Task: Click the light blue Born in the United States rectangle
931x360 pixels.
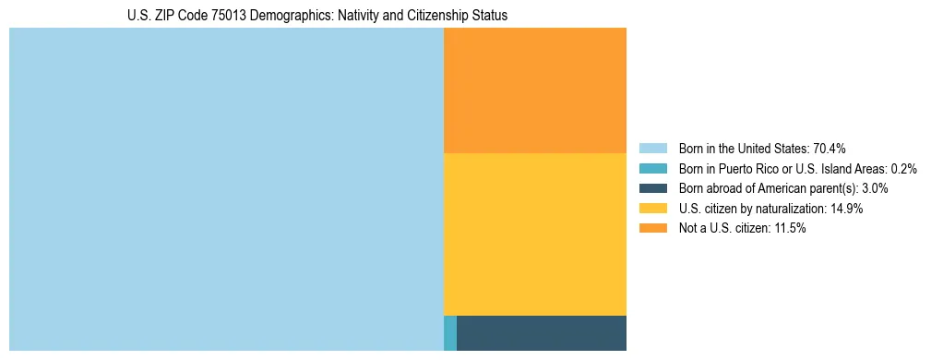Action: pyautogui.click(x=226, y=189)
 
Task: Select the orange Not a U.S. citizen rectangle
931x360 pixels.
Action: pyautogui.click(x=535, y=90)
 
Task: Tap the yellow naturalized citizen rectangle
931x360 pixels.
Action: pyautogui.click(x=535, y=234)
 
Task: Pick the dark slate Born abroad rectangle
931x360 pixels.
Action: pyautogui.click(x=542, y=332)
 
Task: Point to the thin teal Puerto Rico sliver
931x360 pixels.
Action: pyautogui.click(x=450, y=332)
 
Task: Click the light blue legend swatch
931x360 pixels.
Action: pyautogui.click(x=652, y=149)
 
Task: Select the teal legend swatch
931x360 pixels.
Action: pyautogui.click(x=652, y=169)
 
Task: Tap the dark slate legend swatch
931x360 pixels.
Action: pyautogui.click(x=652, y=188)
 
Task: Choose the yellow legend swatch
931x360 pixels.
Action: pyautogui.click(x=652, y=209)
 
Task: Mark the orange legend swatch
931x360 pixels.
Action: pyautogui.click(x=652, y=229)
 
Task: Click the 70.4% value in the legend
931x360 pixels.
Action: pyautogui.click(x=830, y=149)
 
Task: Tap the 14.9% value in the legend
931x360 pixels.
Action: pyautogui.click(x=846, y=209)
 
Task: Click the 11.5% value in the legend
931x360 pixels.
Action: pyautogui.click(x=789, y=229)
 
